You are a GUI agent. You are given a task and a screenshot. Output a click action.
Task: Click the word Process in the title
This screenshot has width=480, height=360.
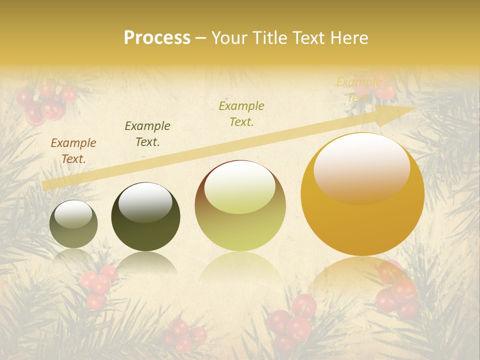157,38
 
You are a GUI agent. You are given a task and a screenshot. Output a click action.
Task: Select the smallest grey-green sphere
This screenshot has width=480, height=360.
73,225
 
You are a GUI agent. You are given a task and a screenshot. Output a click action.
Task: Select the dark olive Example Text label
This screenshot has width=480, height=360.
147,133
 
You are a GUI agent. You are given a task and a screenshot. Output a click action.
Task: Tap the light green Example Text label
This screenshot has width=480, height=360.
241,113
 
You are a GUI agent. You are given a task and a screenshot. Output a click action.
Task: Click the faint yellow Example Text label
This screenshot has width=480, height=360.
358,89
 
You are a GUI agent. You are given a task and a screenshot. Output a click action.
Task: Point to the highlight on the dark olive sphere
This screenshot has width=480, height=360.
145,201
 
